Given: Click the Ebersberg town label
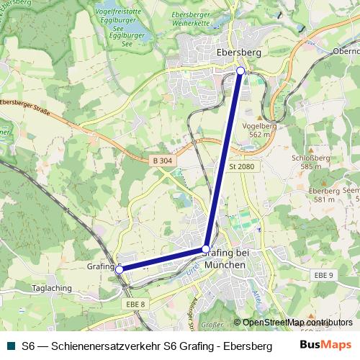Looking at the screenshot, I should (238, 53).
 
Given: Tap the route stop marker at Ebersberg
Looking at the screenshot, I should (240, 71).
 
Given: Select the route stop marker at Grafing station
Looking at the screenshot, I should (120, 269).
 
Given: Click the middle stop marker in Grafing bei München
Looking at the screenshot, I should (207, 250).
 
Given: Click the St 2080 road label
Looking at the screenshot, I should (242, 167).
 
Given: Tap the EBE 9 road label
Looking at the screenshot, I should (325, 275).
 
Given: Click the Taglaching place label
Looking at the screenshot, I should (52, 288).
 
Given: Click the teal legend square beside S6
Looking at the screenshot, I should (9, 346).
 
